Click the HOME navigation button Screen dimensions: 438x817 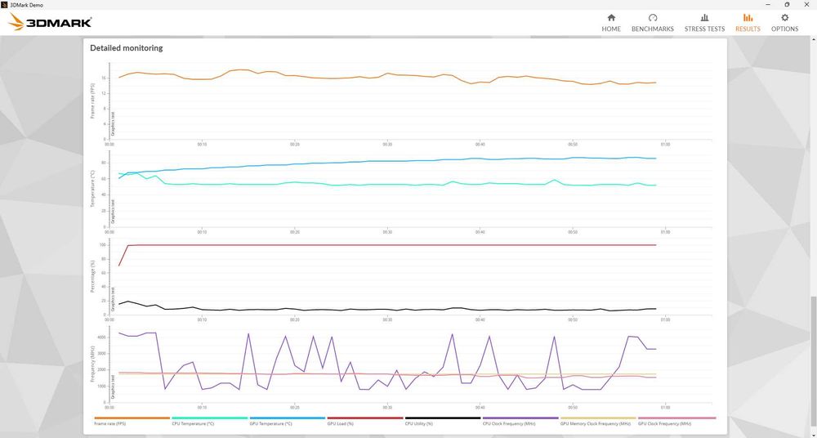point(611,22)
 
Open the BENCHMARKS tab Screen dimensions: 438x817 point(653,22)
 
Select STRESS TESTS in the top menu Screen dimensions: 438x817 point(704,22)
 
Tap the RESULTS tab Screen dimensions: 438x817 point(748,22)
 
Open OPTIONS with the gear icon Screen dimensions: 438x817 point(784,22)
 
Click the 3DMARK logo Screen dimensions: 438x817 point(50,22)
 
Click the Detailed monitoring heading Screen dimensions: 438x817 point(126,48)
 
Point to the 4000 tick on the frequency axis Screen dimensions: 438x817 point(102,337)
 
